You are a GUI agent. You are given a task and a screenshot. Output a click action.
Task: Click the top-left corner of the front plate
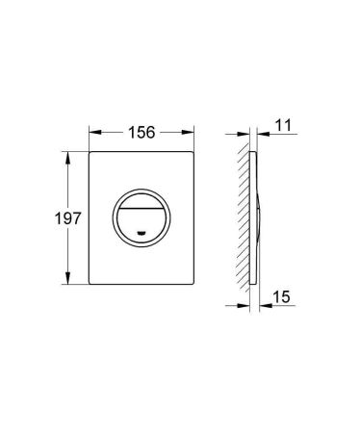click(x=92, y=150)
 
